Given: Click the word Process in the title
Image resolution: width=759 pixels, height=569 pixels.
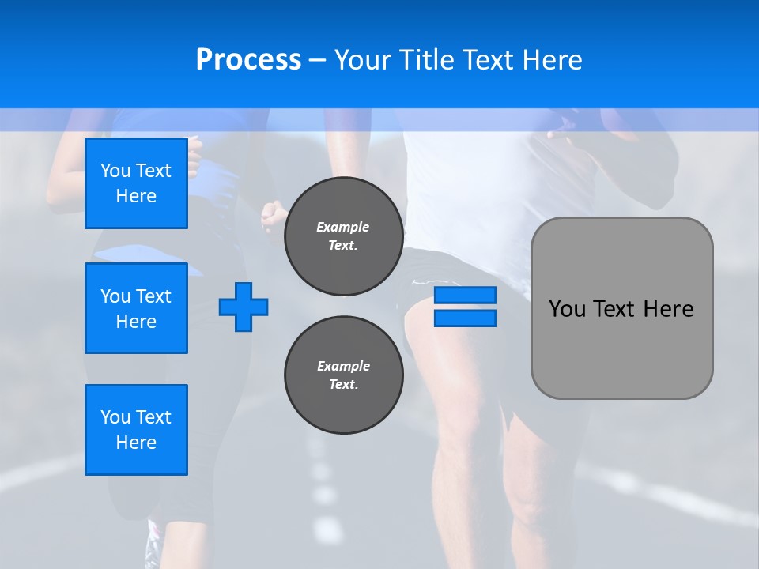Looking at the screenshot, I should [x=248, y=60].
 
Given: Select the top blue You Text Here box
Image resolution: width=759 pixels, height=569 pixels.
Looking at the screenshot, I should [x=136, y=183].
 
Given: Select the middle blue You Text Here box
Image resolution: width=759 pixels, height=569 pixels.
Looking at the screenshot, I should [x=136, y=308].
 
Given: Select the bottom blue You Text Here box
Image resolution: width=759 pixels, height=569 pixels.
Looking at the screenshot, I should [x=136, y=430].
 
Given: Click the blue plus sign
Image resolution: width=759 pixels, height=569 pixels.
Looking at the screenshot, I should [x=244, y=307].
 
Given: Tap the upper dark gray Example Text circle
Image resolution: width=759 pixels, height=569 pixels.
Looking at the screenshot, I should [x=343, y=236].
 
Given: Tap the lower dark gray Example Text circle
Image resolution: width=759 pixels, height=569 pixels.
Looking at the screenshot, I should [x=343, y=375].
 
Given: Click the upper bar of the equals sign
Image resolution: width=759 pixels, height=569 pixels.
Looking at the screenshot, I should [x=465, y=296].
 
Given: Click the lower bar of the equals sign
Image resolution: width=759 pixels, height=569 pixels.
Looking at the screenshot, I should [x=465, y=318].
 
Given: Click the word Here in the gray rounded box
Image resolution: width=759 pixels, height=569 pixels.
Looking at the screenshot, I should [x=668, y=309].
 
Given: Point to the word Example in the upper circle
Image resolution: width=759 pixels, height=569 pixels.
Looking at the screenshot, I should [x=343, y=227].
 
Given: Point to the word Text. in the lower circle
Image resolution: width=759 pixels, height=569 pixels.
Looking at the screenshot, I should [x=343, y=385].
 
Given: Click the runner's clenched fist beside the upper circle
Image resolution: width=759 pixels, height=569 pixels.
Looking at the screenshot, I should [x=273, y=213].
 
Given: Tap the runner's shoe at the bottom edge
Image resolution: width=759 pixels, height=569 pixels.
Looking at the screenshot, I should [x=152, y=545].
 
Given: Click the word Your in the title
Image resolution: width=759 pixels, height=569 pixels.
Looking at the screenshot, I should [x=363, y=60].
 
